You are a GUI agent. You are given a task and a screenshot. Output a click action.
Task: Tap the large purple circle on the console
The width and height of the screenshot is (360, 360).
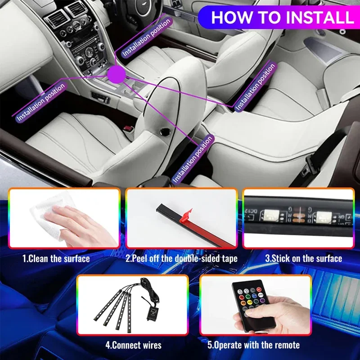click(x=117, y=74)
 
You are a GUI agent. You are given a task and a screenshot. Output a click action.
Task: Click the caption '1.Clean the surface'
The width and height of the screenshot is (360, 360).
click(x=56, y=259)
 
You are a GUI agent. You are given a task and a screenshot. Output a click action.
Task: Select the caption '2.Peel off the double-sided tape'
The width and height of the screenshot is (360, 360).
click(x=181, y=259)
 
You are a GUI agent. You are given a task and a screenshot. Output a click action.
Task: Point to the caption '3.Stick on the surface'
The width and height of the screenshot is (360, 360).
click(x=303, y=258)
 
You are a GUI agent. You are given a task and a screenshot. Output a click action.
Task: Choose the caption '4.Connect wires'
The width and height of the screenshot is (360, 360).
click(x=133, y=345)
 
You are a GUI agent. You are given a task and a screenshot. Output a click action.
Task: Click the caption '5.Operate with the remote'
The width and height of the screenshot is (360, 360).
click(x=253, y=345)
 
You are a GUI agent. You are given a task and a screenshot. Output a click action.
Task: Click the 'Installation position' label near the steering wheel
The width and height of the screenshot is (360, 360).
click(x=146, y=37)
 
